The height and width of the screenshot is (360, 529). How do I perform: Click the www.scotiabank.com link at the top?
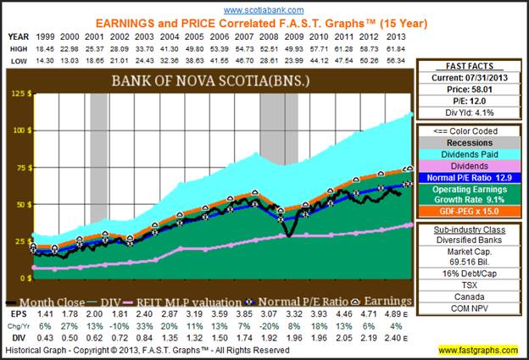(264, 9)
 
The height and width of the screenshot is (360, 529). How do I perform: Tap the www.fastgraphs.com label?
(480, 349)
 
